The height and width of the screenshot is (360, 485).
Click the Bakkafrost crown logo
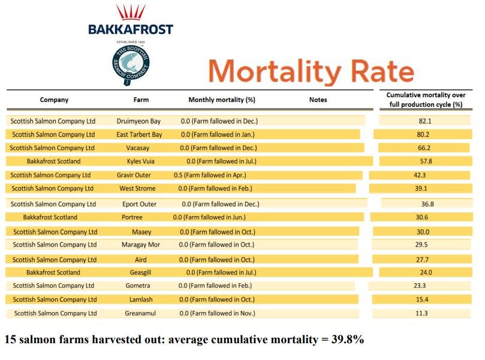pyautogui.click(x=130, y=13)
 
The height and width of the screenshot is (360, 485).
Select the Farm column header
pyautogui.click(x=141, y=100)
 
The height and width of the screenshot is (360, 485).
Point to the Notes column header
pyautogui.click(x=318, y=100)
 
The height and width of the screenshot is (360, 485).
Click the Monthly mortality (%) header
pyautogui.click(x=222, y=100)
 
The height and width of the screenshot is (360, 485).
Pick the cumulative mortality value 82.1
pyautogui.click(x=425, y=121)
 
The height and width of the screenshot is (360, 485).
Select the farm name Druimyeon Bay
pyautogui.click(x=138, y=121)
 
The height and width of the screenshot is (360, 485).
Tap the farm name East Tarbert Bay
pyautogui.click(x=139, y=134)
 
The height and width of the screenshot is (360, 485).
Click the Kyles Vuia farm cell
pyautogui.click(x=140, y=161)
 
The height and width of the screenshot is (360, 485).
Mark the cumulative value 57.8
pyautogui.click(x=426, y=161)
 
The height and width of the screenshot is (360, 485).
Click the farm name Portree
pyautogui.click(x=132, y=217)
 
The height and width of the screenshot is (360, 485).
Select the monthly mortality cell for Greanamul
pyautogui.click(x=217, y=313)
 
